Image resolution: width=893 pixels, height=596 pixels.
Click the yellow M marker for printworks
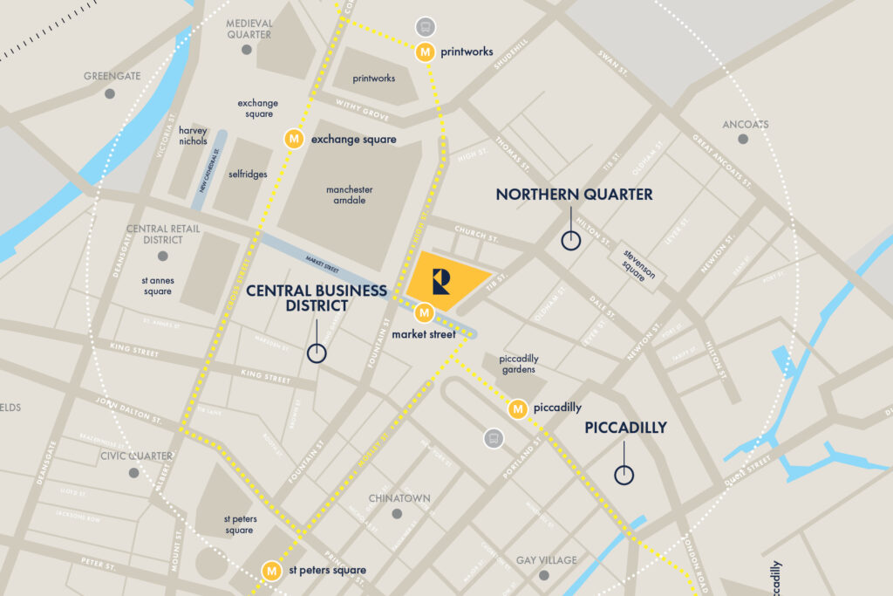pos(425,51)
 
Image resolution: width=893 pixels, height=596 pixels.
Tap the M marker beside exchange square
pos(295,139)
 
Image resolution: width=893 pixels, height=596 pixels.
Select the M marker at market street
pos(424,312)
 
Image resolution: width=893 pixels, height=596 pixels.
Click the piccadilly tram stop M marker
pos(518,408)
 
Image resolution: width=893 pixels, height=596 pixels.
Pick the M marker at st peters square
pos(272,570)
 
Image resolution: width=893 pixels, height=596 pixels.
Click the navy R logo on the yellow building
pos(441,281)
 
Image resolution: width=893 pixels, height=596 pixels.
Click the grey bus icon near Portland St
pos(494,438)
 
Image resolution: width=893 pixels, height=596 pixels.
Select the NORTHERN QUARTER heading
pos(574,195)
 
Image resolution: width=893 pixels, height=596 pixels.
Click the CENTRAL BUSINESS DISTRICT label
pos(316,298)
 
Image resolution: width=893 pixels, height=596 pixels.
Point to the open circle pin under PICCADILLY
pos(624,475)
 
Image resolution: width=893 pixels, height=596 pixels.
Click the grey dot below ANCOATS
pos(743,139)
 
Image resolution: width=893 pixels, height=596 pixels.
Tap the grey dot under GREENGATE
pos(110,92)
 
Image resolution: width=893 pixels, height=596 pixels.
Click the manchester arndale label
pos(349,195)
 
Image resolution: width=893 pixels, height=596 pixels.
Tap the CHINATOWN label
pos(399,498)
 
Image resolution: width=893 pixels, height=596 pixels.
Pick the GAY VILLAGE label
pos(546,560)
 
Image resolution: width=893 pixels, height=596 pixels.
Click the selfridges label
pos(249,174)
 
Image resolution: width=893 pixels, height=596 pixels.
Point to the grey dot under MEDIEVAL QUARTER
pos(247,50)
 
